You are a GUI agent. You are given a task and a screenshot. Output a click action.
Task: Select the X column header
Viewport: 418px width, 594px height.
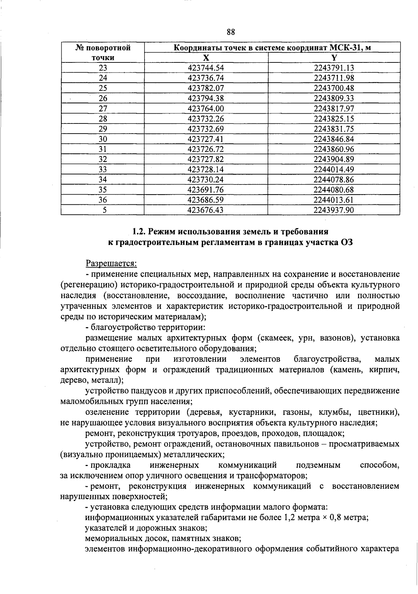point(206,58)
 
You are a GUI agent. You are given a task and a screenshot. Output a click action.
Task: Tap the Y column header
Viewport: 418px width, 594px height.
point(334,58)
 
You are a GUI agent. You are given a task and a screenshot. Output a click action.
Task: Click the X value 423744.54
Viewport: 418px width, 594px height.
point(206,68)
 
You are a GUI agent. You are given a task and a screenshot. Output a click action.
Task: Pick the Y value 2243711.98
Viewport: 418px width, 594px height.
point(334,78)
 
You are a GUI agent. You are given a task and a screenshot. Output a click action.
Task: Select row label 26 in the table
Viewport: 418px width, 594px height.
point(103,98)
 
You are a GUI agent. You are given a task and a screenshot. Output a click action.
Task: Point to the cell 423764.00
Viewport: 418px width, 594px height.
point(206,108)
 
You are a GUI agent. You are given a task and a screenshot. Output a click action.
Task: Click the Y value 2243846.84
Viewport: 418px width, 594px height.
point(334,139)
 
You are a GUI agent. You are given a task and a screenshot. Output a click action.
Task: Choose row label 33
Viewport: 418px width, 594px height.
point(103,170)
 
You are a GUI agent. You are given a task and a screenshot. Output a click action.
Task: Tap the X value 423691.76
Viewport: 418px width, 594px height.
point(206,190)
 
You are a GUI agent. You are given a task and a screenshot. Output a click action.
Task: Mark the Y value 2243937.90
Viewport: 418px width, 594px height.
point(334,210)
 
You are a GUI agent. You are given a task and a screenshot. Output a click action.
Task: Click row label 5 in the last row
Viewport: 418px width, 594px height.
point(103,210)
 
